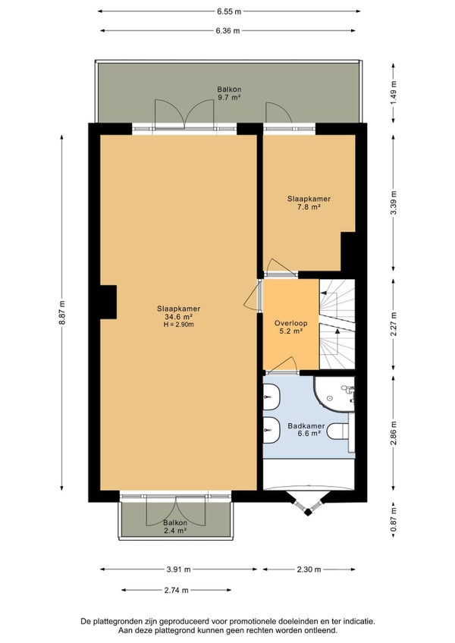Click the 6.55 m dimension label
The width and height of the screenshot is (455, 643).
pos(229,11)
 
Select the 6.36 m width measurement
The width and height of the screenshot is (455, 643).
pos(227,31)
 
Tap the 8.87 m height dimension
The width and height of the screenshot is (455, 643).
pos(62,312)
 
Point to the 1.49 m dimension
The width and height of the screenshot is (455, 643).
pos(394,93)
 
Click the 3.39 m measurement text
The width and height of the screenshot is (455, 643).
pos(394,203)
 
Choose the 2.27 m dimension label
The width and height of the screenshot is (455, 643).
pos(394,324)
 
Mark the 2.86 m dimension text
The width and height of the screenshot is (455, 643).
pos(394,433)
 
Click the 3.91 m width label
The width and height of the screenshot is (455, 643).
pos(178,569)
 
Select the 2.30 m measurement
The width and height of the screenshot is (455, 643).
pos(309,569)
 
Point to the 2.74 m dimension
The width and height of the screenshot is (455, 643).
pos(177,590)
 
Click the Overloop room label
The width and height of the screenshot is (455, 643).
pos(291,323)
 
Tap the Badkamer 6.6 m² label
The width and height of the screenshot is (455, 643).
pos(306,429)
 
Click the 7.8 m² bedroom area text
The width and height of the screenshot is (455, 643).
pos(309,207)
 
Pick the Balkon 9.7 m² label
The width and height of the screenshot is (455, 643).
pos(229,93)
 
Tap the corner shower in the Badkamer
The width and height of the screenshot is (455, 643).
pos(334,393)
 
